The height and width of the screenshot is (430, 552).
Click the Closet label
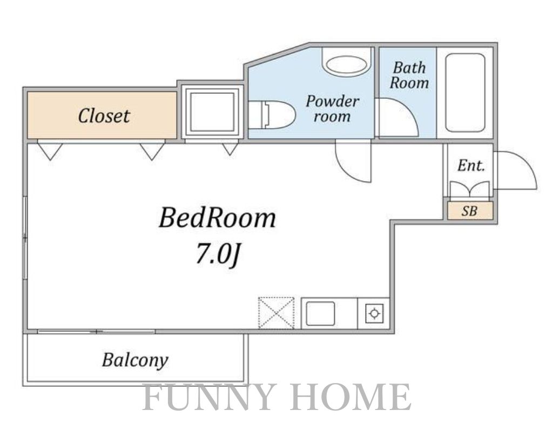104,116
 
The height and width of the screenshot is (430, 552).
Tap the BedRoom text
217,218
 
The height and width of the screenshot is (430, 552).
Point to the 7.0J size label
218,254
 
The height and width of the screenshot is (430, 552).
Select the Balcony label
135,360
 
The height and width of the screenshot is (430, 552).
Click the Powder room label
332,109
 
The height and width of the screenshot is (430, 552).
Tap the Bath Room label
409,75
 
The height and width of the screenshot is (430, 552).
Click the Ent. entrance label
471,165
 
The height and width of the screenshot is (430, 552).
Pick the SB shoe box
470,211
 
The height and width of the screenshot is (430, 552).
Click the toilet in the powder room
272,115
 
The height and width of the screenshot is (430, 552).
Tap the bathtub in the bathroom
465,92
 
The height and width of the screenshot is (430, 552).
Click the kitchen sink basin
320,313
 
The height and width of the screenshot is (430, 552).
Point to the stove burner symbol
374,313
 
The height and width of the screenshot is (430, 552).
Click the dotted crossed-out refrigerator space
276,313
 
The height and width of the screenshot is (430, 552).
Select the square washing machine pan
212,110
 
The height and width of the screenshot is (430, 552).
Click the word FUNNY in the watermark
208,397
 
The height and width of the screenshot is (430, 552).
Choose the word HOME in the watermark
352,397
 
